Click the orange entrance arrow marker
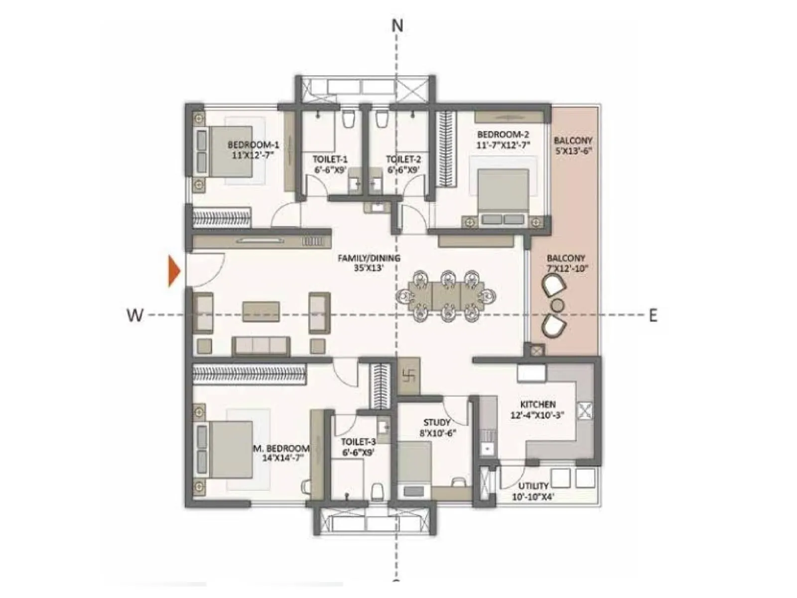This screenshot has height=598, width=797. coord(174,271)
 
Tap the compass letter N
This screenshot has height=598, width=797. coord(397,25)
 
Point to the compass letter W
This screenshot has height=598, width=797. coord(135,315)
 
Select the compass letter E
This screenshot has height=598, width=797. coord(653,315)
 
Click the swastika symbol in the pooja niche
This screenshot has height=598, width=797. coord(409,375)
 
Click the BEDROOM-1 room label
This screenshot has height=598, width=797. coord(253,145)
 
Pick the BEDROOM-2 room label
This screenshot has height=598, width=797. coord(503,135)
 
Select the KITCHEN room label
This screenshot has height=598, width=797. coord(537,404)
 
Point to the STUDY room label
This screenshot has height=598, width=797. coord(437,423)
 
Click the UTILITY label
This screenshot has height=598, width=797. coord(533,486)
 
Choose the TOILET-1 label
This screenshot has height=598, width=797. coord(330,159)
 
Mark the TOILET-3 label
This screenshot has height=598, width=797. coord(358,442)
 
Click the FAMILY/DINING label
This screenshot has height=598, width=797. coord(369,258)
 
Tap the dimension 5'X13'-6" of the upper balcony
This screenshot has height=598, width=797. coord(573,151)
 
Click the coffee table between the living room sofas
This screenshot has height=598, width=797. coord(261,311)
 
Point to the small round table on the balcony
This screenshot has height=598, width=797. coord(557,305)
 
